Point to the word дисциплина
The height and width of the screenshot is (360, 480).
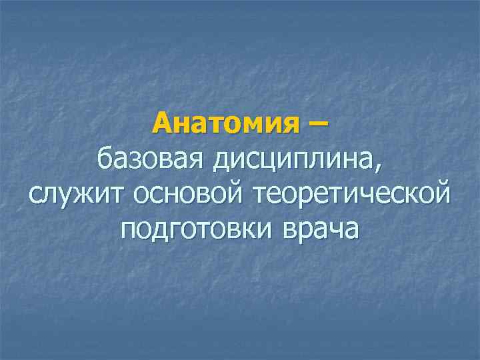point(284,160)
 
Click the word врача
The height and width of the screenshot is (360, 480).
point(321,229)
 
